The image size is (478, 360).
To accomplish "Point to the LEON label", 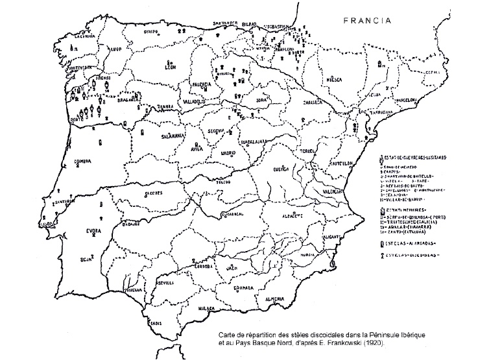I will pyautogui.click(x=172, y=67).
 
